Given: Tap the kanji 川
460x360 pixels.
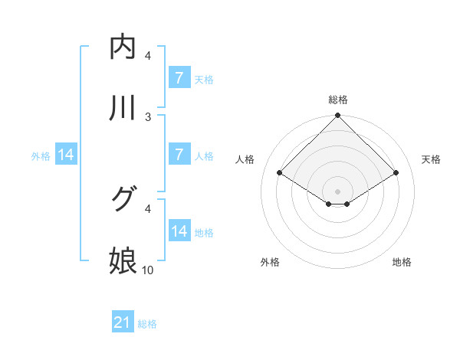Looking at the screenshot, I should tap(123, 108).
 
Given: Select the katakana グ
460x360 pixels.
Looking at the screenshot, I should tap(123, 200).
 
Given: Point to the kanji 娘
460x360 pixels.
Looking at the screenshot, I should tap(123, 261).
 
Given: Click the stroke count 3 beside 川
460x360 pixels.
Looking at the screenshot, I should tap(148, 116).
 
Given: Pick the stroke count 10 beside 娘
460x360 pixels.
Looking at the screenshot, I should tap(148, 270).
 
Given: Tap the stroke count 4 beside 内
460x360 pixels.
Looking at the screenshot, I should tap(148, 55).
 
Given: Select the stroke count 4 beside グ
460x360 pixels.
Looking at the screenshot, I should tap(148, 208).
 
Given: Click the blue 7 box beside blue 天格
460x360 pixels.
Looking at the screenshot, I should tap(179, 77).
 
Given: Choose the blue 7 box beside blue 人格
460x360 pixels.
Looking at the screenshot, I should tap(179, 154).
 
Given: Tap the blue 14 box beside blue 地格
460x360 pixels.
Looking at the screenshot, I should tap(179, 231).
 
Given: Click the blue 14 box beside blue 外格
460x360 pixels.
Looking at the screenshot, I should tap(66, 154).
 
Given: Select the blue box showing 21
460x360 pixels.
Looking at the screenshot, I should tap(123, 322).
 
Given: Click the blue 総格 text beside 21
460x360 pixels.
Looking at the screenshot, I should tap(147, 324).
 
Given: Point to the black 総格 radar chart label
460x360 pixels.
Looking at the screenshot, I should tap(338, 100).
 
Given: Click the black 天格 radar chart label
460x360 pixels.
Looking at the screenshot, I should tap(432, 159).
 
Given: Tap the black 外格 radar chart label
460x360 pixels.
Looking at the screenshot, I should tap(269, 262).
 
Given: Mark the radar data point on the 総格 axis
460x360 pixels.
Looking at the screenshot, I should tap(338, 116).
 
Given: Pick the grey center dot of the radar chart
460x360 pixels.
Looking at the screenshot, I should tap(338, 191).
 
